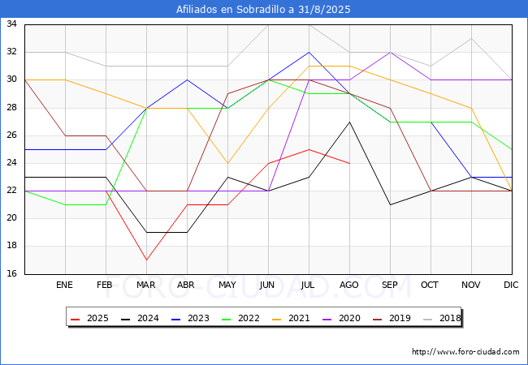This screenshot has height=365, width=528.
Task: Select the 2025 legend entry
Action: (x=90, y=318)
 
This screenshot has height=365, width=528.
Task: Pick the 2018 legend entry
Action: (x=442, y=318)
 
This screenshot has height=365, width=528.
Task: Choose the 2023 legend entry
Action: (x=191, y=318)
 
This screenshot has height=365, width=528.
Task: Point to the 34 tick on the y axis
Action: (x=12, y=24)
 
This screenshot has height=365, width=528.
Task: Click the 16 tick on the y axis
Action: (x=12, y=273)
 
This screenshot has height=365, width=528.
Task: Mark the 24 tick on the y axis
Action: (x=12, y=163)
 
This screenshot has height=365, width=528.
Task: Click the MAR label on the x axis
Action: (x=145, y=285)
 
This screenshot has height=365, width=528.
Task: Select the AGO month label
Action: (x=348, y=285)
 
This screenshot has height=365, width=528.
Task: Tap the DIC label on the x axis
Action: (x=511, y=285)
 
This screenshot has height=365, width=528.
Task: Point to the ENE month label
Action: (x=64, y=285)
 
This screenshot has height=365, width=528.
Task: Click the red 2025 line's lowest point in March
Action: (x=146, y=260)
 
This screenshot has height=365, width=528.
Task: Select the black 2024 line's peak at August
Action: (x=349, y=122)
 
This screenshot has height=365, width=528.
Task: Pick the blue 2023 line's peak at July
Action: (x=309, y=53)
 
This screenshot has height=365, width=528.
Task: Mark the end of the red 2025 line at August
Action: (x=349, y=163)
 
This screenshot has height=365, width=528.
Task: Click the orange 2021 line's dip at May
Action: (x=228, y=163)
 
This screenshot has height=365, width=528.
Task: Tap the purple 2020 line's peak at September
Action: (x=390, y=53)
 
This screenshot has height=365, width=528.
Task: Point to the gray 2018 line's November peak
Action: (x=471, y=39)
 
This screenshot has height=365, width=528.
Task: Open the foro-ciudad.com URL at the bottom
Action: (x=465, y=352)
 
